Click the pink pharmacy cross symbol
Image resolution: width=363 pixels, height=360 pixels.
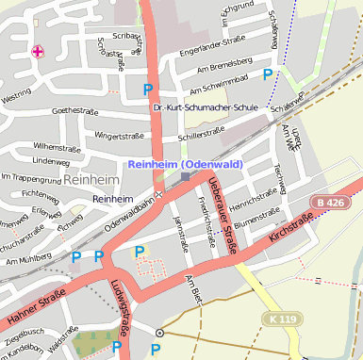coord(38,51)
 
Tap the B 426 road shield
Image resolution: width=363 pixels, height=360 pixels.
coord(332,203)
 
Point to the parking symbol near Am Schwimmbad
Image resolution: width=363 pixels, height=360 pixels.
coord(268,73)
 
